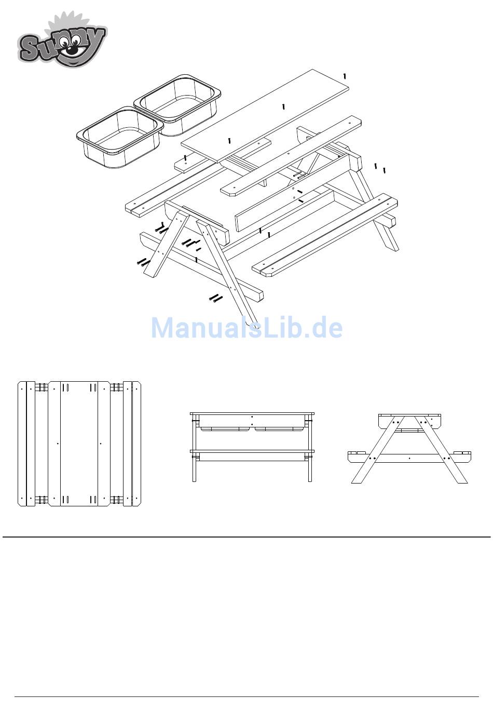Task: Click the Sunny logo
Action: tap(62, 39)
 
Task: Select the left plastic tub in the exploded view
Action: tap(120, 137)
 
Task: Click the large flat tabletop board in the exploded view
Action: tap(265, 116)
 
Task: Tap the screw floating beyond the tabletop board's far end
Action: tap(345, 76)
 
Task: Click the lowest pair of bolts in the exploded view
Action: tap(216, 298)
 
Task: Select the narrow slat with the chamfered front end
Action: tap(291, 156)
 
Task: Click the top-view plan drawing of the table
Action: tap(79, 444)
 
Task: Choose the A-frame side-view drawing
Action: tap(409, 448)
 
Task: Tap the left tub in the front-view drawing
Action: tap(225, 429)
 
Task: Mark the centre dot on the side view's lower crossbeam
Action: tap(409, 459)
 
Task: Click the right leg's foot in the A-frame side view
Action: tap(462, 480)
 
